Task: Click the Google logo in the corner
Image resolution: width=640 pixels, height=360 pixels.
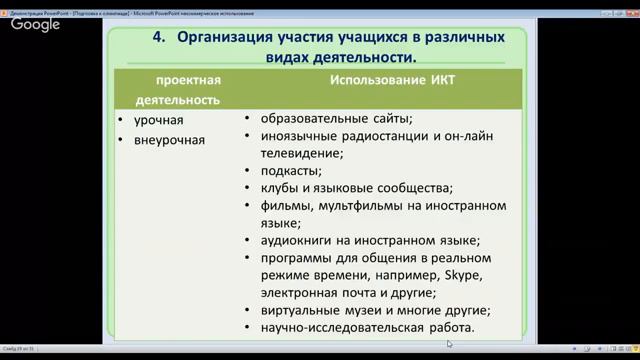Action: tap(35, 25)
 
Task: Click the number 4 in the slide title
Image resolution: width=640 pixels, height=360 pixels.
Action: tap(158, 38)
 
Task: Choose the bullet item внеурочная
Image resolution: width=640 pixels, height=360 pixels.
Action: tap(169, 140)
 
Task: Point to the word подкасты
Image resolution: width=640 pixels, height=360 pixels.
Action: tap(290, 170)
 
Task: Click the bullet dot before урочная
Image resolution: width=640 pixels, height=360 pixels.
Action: tap(121, 121)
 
